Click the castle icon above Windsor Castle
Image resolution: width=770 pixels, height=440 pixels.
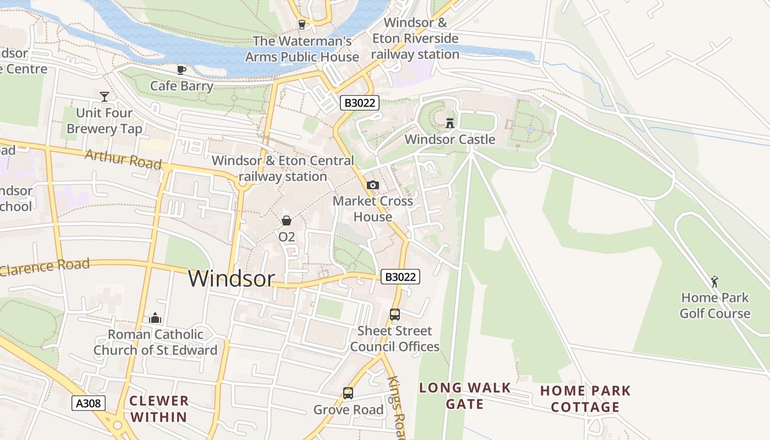[x=450, y=123]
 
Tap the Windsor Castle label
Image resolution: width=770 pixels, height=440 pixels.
[x=450, y=140]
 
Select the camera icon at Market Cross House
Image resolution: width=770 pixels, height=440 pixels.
[x=373, y=185]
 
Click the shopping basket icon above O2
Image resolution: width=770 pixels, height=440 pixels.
[x=287, y=221]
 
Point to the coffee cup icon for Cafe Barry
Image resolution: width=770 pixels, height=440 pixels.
[x=182, y=70]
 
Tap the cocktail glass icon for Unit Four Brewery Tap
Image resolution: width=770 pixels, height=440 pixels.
[x=105, y=97]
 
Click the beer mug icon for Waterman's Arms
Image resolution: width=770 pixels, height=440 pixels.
[x=301, y=24]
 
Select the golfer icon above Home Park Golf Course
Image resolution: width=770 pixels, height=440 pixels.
[x=714, y=282]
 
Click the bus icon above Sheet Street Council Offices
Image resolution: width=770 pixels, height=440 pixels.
[x=394, y=315]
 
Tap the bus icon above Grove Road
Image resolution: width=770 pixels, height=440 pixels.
[x=348, y=393]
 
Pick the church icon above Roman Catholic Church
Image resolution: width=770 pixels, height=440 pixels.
[x=155, y=318]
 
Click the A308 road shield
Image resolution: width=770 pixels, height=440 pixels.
[x=88, y=404]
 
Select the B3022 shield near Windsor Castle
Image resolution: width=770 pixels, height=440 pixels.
[x=360, y=103]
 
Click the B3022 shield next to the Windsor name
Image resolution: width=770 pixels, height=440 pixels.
[x=400, y=277]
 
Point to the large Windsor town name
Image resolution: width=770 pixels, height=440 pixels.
[x=231, y=278]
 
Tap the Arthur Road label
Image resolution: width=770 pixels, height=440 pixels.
[x=123, y=159]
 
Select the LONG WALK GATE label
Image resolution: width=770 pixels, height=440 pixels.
[x=465, y=396]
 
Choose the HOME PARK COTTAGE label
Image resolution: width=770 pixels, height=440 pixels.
[x=585, y=399]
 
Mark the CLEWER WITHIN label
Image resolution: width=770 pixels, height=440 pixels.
[x=159, y=409]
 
